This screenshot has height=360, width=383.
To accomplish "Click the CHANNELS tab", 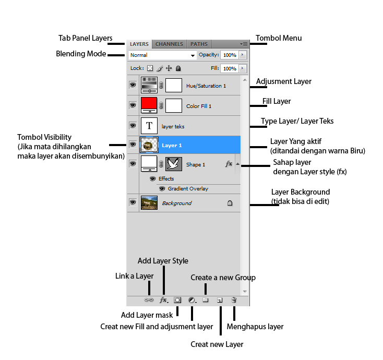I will [x=169, y=44].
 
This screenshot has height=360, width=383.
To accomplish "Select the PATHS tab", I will [x=199, y=44].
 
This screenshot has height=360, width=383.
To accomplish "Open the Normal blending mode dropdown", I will [x=162, y=55].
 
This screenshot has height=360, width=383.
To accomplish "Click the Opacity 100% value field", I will [x=229, y=55].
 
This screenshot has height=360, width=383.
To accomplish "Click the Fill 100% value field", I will [x=229, y=68].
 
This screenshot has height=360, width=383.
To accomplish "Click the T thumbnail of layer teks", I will [x=149, y=126].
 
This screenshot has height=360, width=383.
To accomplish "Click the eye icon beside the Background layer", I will [x=133, y=202].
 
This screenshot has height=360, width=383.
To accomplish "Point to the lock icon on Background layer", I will [x=230, y=203].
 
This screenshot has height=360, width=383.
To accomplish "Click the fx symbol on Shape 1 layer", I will [x=229, y=164].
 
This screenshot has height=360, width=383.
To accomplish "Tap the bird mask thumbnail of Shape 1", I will [x=174, y=164].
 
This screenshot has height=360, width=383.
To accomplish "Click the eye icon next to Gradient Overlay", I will [x=162, y=189].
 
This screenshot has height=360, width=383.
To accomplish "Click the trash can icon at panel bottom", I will [x=234, y=301].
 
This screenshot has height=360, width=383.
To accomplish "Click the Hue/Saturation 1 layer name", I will [x=206, y=86].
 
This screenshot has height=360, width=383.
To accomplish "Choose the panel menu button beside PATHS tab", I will [x=244, y=44].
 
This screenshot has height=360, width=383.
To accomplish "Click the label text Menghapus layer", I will [x=255, y=327].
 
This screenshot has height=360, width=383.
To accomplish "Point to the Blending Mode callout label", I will [x=81, y=54].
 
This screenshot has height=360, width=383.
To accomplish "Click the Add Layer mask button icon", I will [x=177, y=301].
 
